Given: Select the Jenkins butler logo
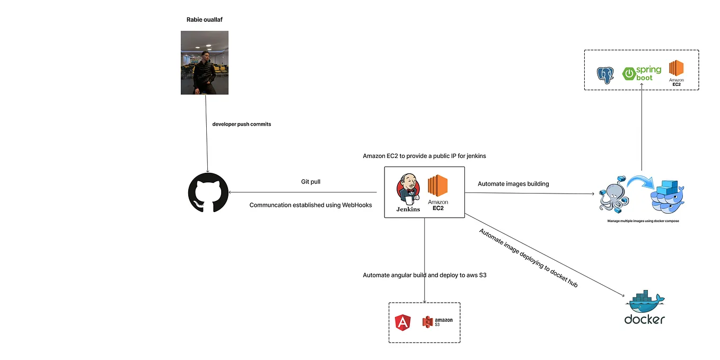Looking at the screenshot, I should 408,192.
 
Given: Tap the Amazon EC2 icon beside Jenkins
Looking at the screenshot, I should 438,192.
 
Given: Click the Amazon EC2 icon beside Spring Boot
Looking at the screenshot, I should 676,73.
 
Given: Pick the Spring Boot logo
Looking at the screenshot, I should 642,74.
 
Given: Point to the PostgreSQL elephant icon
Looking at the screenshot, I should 605,75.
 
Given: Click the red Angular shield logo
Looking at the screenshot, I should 403,322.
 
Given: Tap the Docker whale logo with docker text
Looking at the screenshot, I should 645,307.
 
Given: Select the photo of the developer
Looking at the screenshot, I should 205,63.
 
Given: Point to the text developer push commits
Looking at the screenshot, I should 242,124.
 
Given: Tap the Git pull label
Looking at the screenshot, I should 311,182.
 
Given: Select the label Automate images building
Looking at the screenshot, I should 513,184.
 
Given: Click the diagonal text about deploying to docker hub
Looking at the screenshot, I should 528,258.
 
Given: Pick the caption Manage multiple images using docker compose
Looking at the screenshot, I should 643,221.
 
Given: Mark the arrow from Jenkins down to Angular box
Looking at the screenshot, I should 425,260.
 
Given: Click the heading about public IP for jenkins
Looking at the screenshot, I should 424,156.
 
